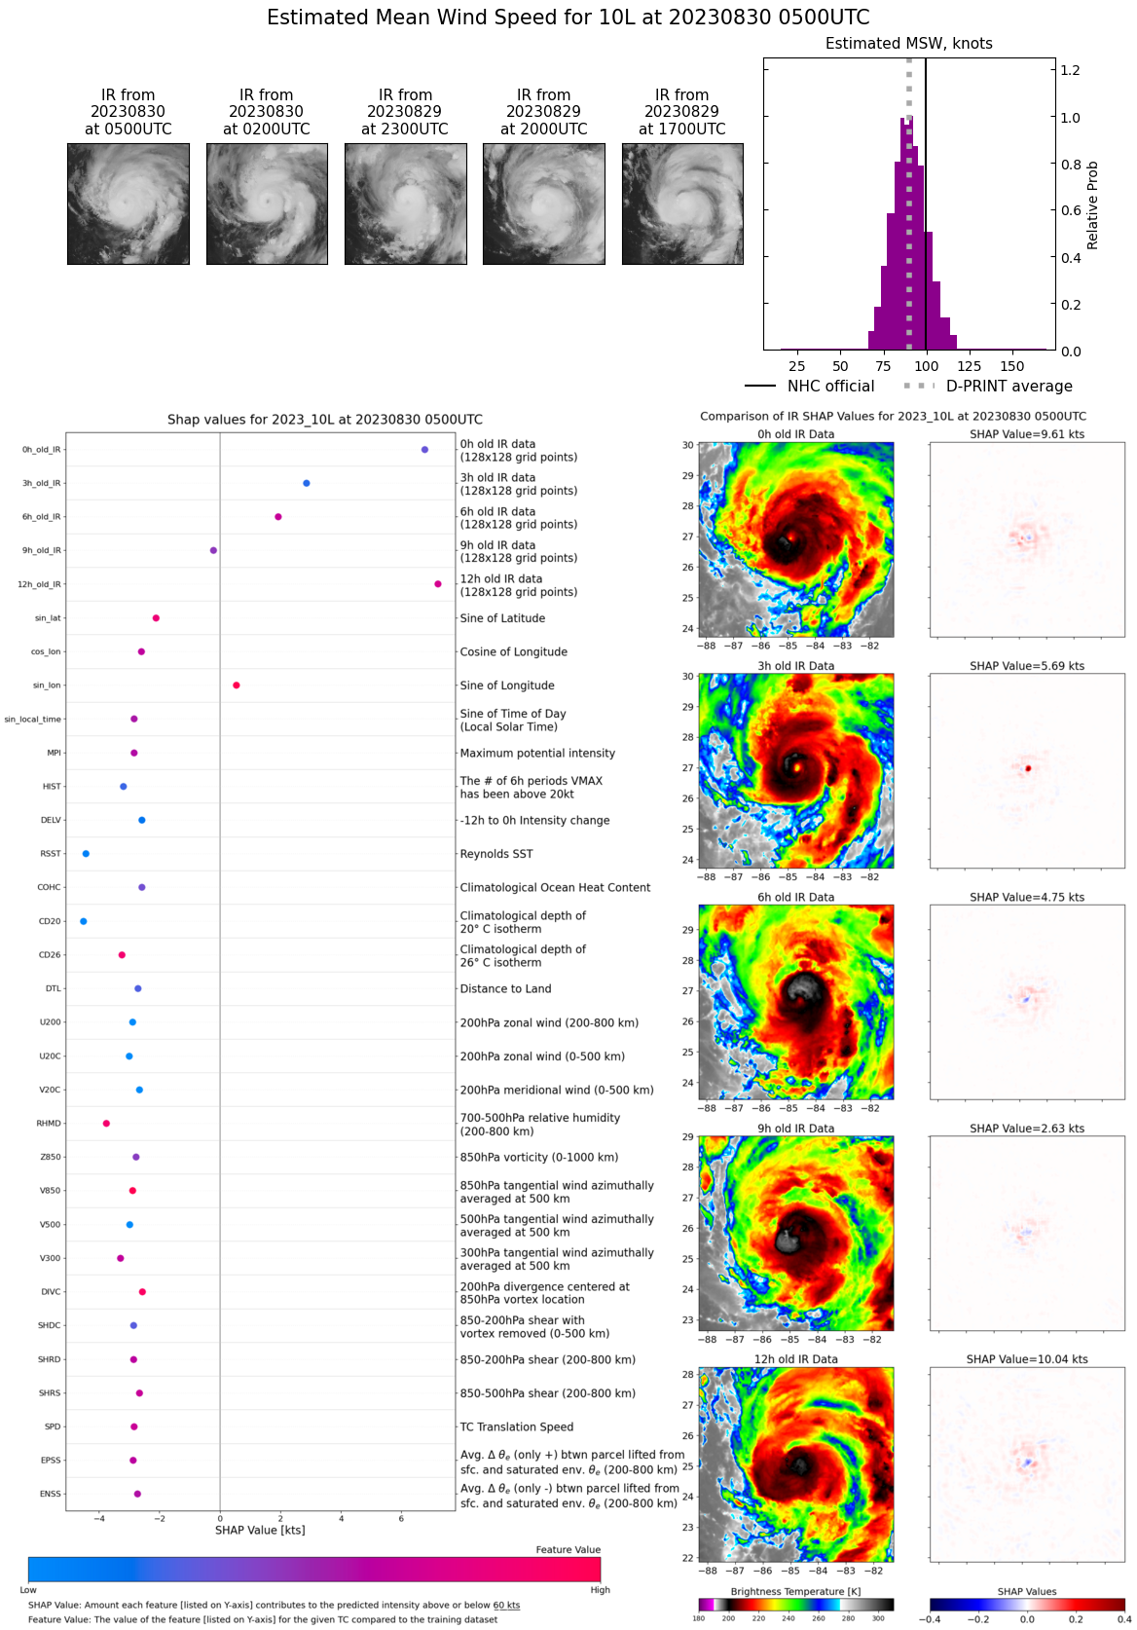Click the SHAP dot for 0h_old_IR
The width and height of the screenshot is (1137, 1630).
[424, 450]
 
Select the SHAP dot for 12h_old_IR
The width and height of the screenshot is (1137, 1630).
[438, 584]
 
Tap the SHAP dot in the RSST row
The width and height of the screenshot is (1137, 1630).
[86, 854]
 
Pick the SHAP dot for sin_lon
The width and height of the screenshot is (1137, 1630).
[237, 685]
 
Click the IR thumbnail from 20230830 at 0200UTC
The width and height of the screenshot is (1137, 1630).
[267, 204]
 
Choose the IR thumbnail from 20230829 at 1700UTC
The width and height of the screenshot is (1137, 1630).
[682, 204]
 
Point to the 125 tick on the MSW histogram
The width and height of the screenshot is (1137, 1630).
[970, 366]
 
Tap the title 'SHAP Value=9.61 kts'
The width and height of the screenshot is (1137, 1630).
[1027, 434]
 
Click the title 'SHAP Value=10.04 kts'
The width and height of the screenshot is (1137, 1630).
[1027, 1359]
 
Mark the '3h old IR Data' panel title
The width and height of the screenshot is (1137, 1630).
[795, 666]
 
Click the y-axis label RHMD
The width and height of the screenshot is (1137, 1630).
[49, 1124]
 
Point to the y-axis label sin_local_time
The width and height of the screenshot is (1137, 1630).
[32, 720]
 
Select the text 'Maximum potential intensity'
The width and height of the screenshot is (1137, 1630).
[537, 753]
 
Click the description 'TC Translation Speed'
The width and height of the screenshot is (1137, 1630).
[517, 1426]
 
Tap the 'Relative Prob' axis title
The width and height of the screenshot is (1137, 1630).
[1093, 205]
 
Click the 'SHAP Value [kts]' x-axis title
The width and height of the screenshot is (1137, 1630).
[260, 1530]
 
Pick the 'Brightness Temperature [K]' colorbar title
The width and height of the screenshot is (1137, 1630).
[795, 1591]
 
